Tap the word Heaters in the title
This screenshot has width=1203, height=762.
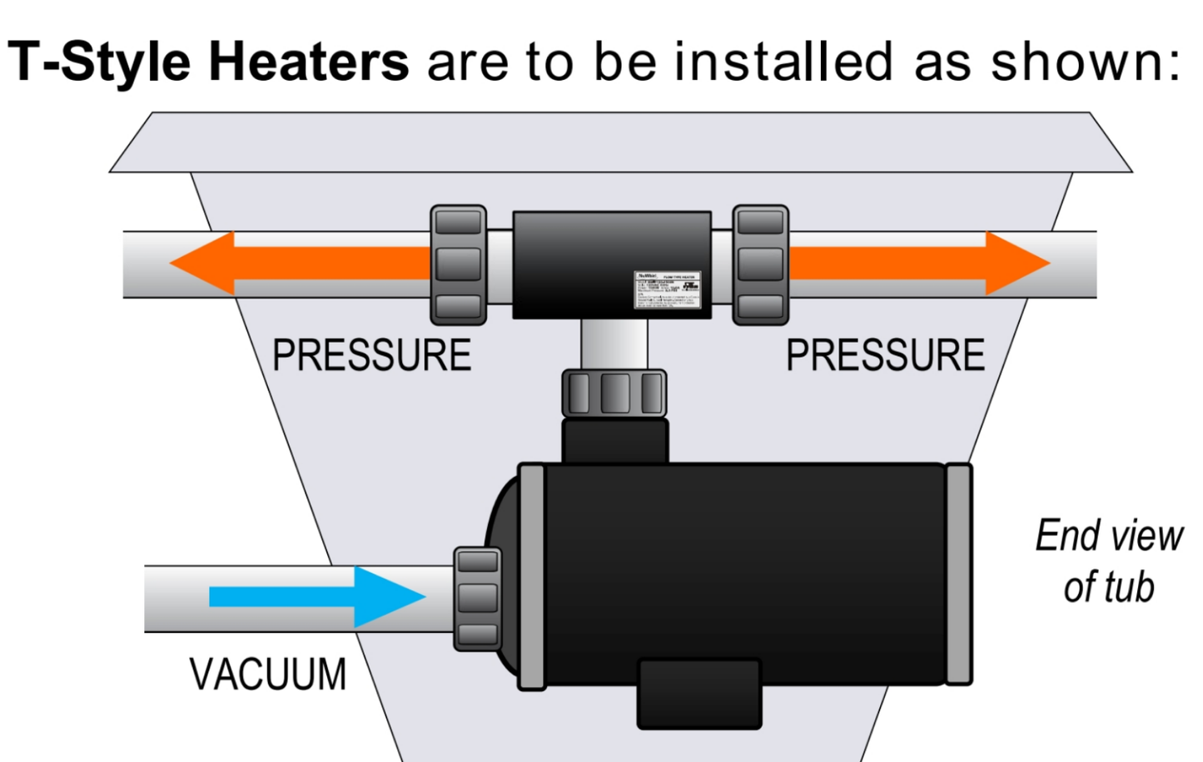pos(308,62)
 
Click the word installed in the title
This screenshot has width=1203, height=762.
pos(783,62)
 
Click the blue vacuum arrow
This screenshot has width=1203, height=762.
pos(316,596)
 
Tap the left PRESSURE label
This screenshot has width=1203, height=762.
pos(371,356)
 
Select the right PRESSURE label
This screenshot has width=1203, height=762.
pos(885,356)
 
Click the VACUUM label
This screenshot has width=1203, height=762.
pos(267,675)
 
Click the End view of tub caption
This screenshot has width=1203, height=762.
pos(1108,562)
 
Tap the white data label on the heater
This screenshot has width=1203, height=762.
pos(667,290)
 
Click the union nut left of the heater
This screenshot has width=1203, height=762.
pos(458,265)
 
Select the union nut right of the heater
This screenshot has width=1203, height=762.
pos(760,265)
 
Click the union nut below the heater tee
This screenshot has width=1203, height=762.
pos(614,393)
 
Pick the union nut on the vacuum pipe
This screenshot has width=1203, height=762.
pos(478,598)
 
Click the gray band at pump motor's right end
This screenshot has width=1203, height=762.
pos(958,574)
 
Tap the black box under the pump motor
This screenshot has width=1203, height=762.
pos(699,694)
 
